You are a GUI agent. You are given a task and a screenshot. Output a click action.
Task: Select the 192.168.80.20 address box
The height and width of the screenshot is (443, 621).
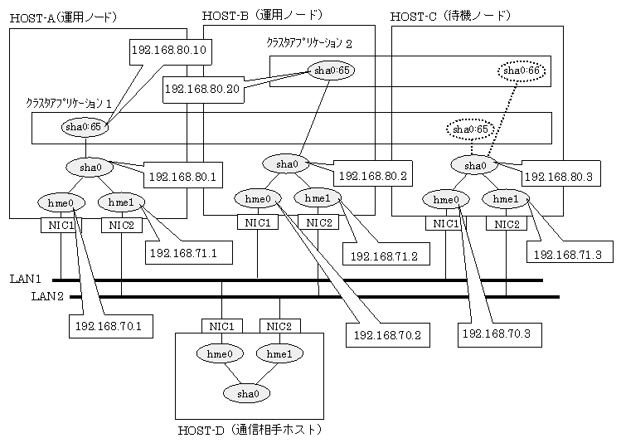[203, 88]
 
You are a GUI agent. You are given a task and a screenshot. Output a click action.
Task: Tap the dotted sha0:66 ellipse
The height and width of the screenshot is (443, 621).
[521, 72]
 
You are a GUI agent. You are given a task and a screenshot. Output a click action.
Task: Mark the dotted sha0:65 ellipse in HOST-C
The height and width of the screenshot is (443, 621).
[469, 129]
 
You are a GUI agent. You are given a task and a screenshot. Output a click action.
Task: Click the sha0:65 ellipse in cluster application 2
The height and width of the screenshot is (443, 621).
[330, 71]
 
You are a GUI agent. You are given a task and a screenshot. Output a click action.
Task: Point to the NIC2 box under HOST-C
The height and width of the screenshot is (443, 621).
[508, 224]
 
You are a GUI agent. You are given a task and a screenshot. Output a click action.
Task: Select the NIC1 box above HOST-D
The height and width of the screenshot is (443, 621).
[222, 325]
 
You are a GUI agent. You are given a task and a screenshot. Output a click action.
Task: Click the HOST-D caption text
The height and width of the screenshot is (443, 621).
[249, 430]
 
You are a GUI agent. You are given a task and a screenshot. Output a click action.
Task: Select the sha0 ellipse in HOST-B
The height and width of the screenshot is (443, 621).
[287, 164]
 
